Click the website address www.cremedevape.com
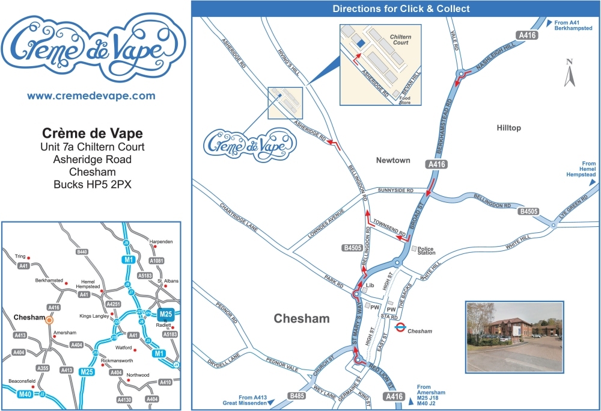click(91, 96)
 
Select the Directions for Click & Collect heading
click(401, 8)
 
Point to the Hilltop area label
click(509, 128)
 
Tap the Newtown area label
click(392, 160)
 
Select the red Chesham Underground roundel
click(400, 329)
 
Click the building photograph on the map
click(514, 336)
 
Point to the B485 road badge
click(297, 396)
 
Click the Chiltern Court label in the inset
click(400, 40)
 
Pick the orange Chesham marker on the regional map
click(49, 320)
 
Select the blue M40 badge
click(25, 394)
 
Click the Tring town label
click(20, 256)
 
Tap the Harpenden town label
click(161, 241)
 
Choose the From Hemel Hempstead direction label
click(581, 169)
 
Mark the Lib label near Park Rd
click(370, 286)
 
